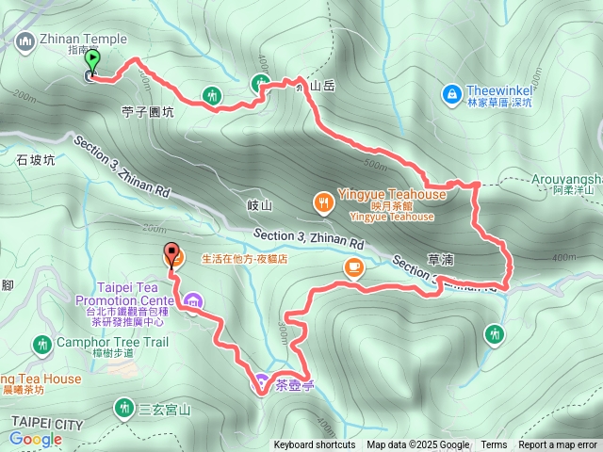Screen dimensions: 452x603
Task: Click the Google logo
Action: tap(35, 438)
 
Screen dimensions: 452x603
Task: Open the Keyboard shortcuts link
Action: tap(315, 445)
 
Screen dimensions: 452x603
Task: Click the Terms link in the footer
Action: tap(494, 445)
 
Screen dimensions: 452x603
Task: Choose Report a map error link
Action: tap(559, 445)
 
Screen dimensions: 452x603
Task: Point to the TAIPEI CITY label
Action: tap(47, 423)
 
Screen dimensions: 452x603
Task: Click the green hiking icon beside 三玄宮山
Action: tap(123, 408)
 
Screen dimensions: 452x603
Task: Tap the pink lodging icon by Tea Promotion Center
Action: tap(194, 302)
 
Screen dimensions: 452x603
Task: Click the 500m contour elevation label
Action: tap(374, 167)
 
